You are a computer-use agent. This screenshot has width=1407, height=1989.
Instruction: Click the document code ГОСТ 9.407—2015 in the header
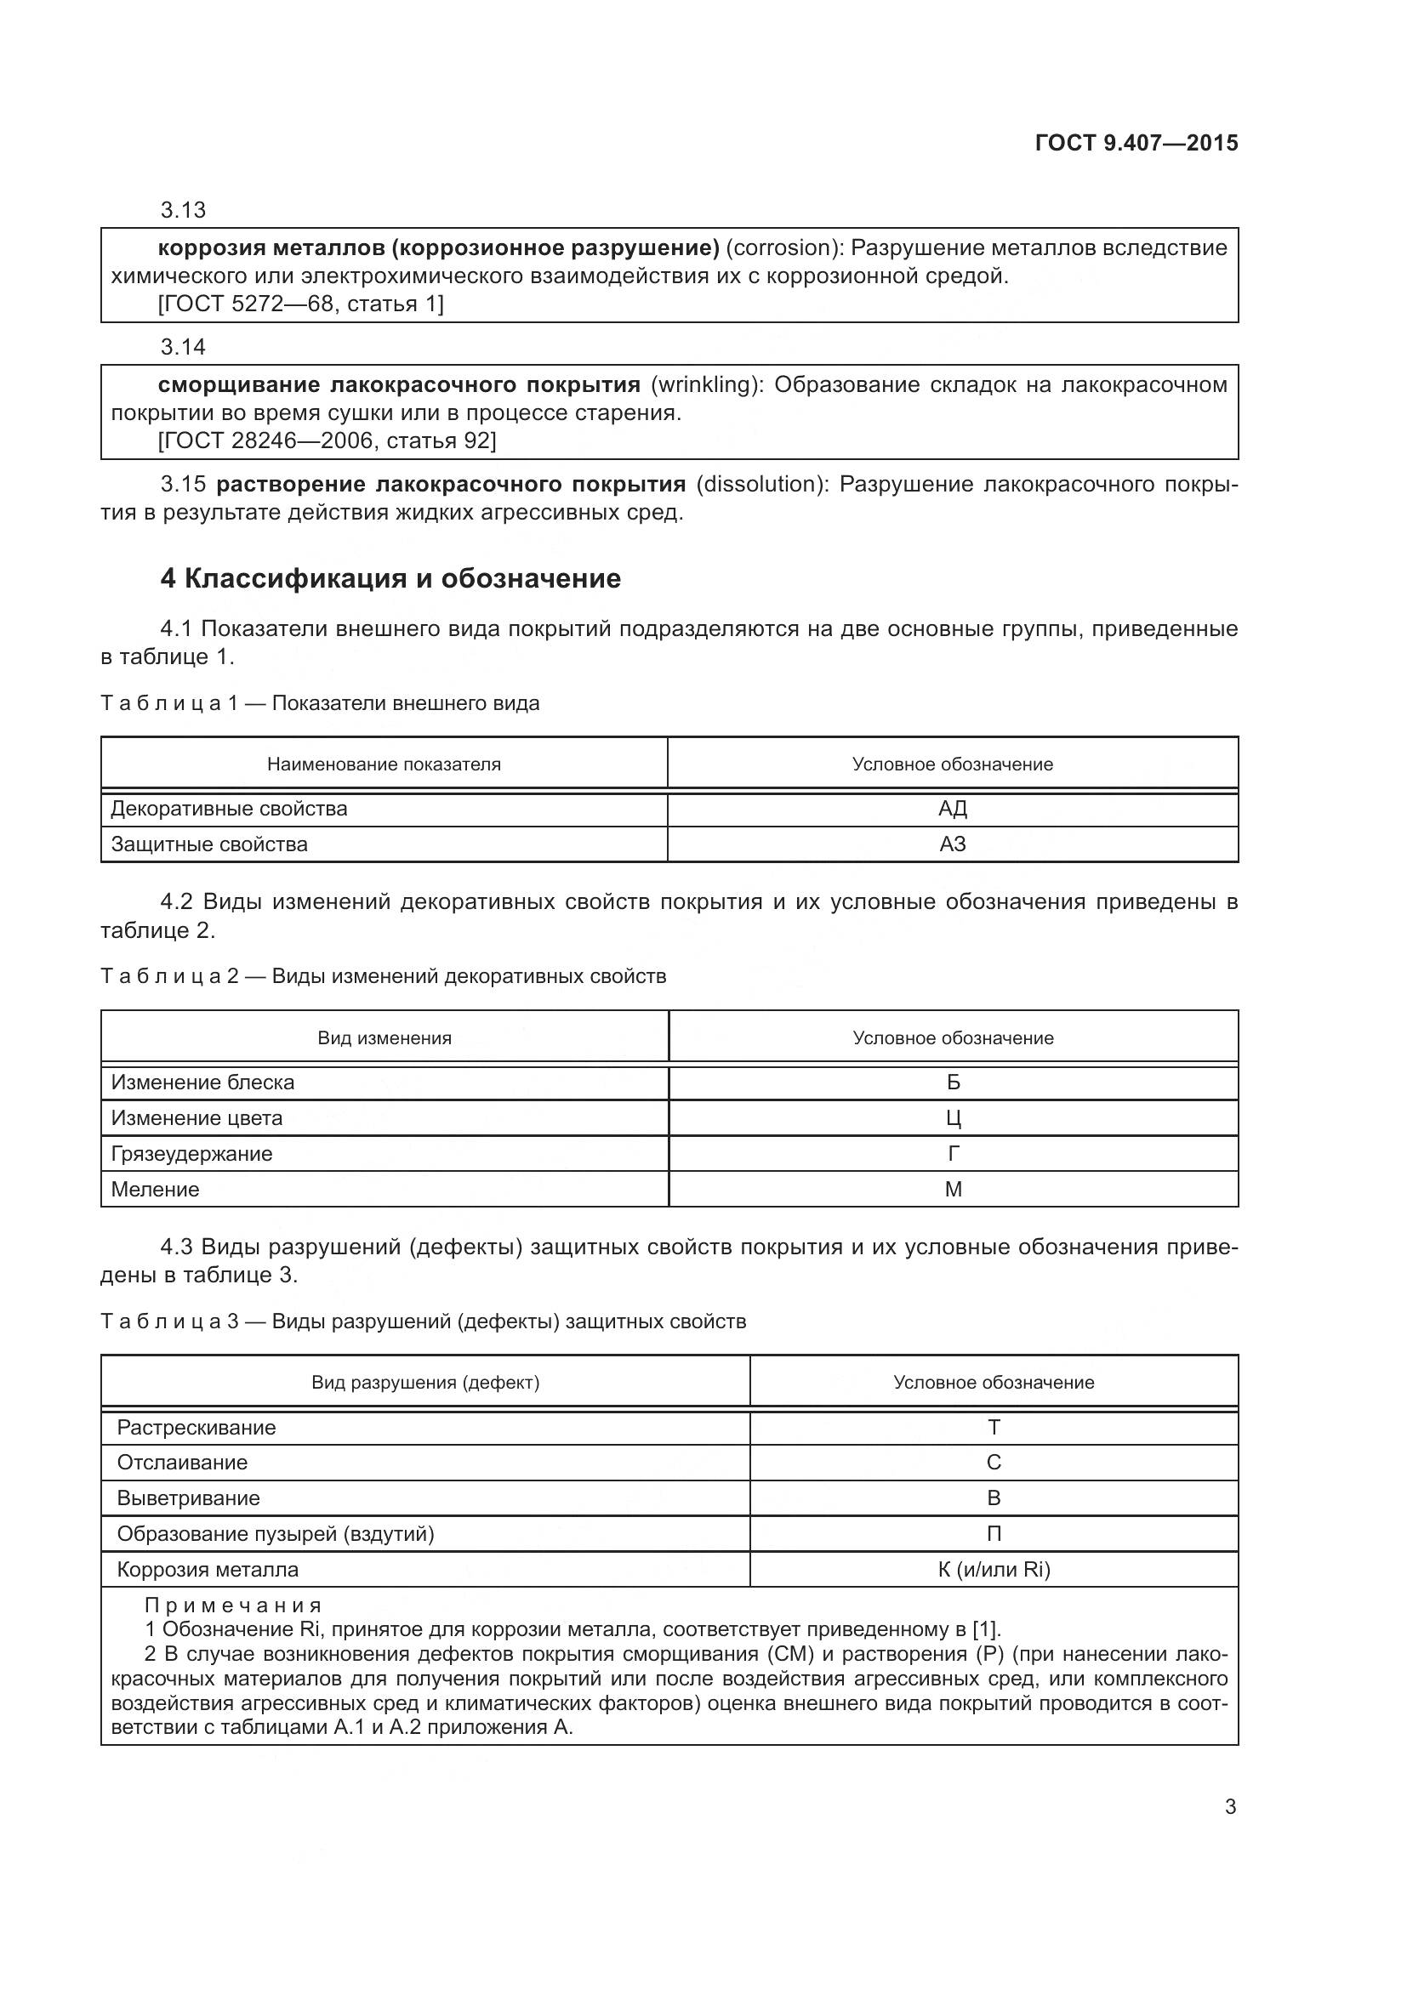1136,143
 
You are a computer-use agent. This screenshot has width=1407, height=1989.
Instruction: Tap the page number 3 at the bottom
1230,1807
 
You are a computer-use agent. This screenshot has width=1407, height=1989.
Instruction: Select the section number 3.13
183,210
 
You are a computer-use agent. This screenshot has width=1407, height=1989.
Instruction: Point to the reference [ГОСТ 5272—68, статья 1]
300,304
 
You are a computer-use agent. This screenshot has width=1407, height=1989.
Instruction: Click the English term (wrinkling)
707,384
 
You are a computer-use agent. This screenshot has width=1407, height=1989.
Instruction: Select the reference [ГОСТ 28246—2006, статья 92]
327,441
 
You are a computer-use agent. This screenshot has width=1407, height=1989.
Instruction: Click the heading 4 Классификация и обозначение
390,579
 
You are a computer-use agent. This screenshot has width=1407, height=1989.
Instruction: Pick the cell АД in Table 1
952,808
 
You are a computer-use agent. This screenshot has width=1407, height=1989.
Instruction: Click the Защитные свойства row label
208,844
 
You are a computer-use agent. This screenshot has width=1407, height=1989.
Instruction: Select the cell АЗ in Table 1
952,844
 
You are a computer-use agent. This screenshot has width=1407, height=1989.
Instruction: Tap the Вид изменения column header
384,1037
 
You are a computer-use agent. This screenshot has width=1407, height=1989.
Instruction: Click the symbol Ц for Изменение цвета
953,1118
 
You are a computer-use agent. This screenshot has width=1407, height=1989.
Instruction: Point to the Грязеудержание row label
191,1154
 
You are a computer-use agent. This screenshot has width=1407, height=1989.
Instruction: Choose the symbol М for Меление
953,1190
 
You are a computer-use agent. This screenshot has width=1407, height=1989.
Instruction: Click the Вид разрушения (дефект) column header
425,1383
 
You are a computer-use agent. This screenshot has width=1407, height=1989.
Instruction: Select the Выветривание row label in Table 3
188,1497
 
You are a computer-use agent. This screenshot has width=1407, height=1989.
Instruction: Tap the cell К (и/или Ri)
994,1569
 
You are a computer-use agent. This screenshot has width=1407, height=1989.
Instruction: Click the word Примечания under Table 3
233,1605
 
